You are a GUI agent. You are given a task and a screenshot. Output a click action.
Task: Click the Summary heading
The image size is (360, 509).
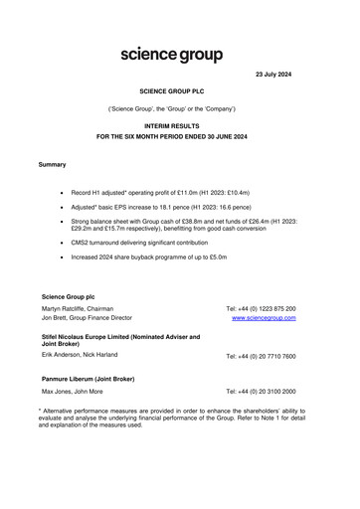click(52, 163)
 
